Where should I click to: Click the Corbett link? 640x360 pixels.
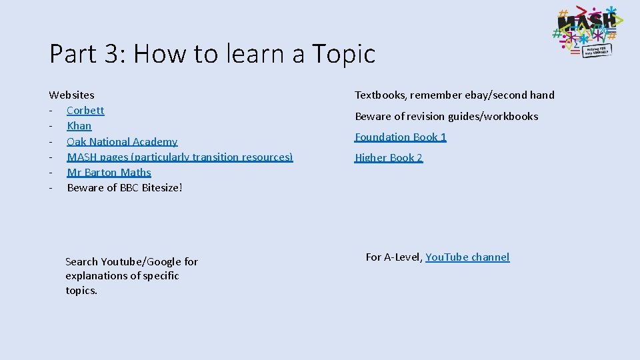(x=85, y=111)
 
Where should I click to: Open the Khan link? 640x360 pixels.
(x=79, y=126)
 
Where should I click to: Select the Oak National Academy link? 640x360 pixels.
(x=122, y=141)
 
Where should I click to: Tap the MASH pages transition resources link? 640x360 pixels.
(x=179, y=157)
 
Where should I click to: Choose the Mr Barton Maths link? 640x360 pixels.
(x=109, y=172)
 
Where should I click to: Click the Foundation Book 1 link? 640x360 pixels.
(x=400, y=137)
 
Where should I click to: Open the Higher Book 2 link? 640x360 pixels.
(x=389, y=157)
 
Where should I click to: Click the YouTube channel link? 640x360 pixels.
(x=467, y=257)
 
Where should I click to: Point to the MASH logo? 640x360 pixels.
(x=585, y=32)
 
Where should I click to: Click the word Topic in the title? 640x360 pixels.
(x=343, y=54)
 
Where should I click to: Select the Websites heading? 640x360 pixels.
(x=71, y=95)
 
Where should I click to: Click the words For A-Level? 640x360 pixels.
(x=393, y=257)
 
